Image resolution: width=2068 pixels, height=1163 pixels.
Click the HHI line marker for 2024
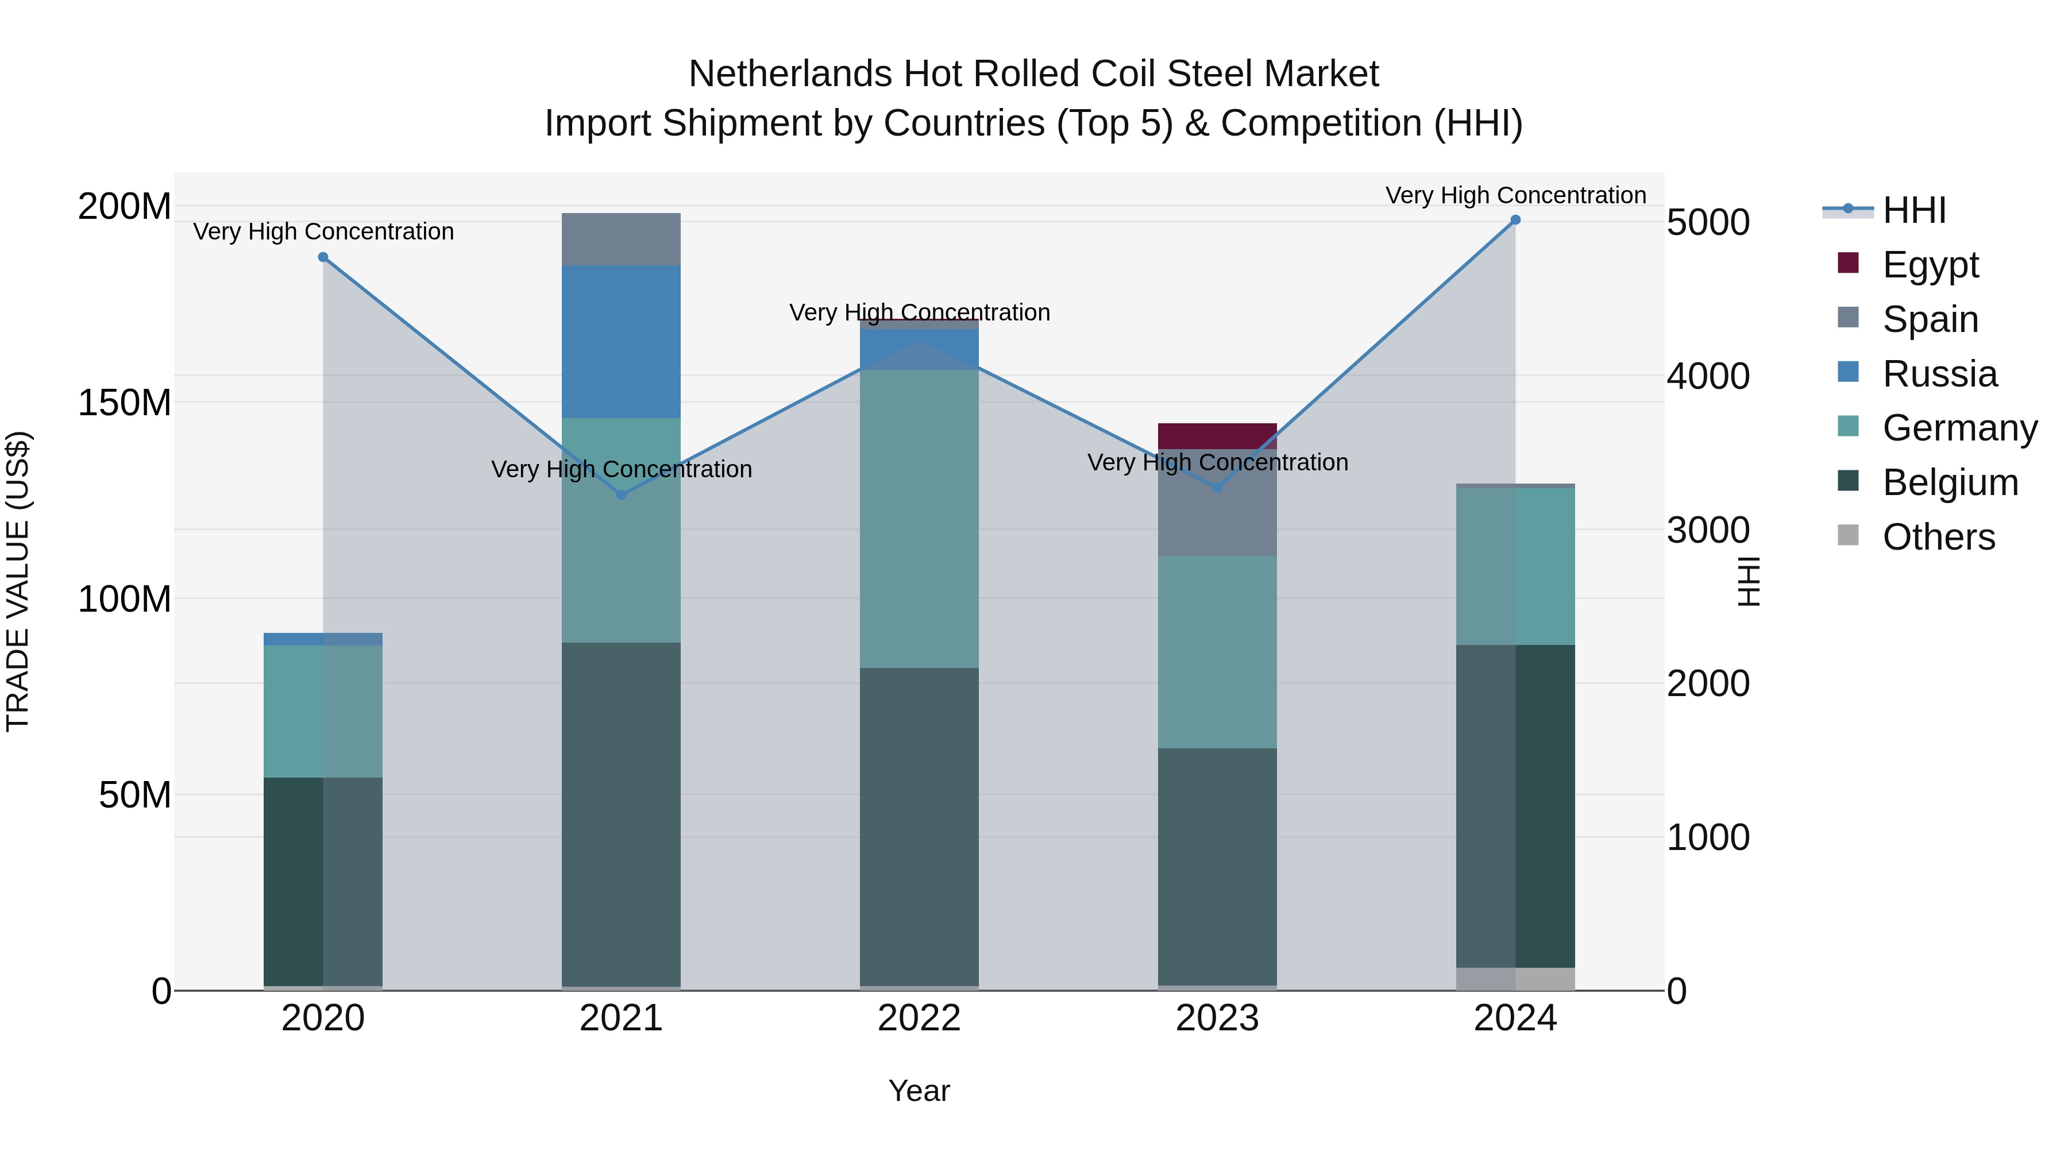(x=1515, y=220)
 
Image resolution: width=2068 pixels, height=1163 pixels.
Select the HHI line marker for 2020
(x=323, y=257)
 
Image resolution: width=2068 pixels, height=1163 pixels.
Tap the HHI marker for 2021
(x=620, y=494)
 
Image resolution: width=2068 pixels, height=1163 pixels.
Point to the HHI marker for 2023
(x=1217, y=487)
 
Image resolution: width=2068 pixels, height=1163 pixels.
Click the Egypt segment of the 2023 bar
(x=1217, y=435)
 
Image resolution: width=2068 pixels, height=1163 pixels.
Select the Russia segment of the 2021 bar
(x=620, y=341)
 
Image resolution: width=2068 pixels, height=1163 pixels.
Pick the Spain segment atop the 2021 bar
(x=620, y=238)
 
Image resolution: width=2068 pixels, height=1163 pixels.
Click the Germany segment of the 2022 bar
(x=919, y=517)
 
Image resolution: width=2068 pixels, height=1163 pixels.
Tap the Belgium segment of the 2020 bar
(x=323, y=880)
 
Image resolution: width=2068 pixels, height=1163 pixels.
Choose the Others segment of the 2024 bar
(x=1515, y=979)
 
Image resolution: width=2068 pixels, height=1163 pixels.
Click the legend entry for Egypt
(x=1930, y=264)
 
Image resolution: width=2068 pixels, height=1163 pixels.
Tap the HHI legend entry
(x=1914, y=210)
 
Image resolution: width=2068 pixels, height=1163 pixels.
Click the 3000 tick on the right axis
(x=1708, y=530)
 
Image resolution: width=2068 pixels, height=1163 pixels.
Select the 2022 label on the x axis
(x=919, y=1018)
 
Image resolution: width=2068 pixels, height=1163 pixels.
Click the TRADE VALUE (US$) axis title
(x=18, y=581)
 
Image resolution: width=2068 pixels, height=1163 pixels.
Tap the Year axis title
(x=919, y=1091)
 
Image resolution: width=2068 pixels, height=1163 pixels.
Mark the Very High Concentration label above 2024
(x=1515, y=195)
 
